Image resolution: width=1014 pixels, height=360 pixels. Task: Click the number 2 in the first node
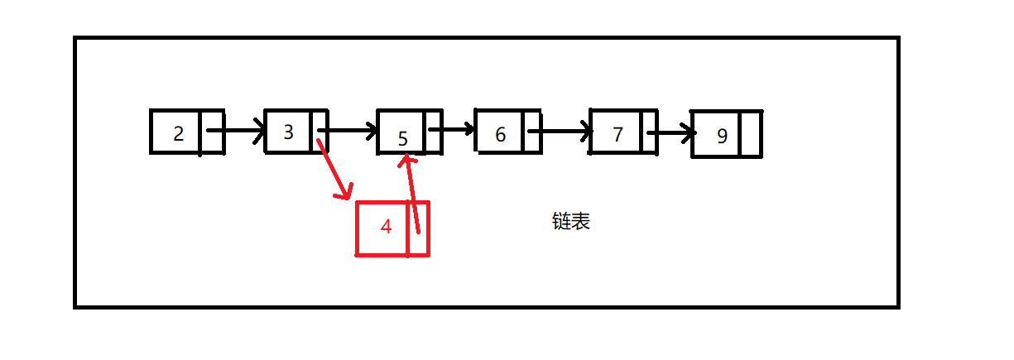pyautogui.click(x=179, y=133)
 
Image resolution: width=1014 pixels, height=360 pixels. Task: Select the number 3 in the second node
pyautogui.click(x=288, y=132)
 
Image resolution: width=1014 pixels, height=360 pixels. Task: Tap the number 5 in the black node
pyautogui.click(x=403, y=138)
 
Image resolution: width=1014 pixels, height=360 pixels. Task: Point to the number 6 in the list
pyautogui.click(x=500, y=134)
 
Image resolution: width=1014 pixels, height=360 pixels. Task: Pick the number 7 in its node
pyautogui.click(x=618, y=134)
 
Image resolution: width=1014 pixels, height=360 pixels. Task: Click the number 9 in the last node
pyautogui.click(x=722, y=136)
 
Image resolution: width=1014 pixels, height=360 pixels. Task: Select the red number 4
pyautogui.click(x=386, y=227)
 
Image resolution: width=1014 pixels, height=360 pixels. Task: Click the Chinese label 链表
pyautogui.click(x=571, y=221)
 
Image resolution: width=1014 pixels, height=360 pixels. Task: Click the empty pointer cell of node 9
pyautogui.click(x=751, y=134)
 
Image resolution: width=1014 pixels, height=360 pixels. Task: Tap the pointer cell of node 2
pyautogui.click(x=212, y=132)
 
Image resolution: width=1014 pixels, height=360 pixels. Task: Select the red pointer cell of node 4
pyautogui.click(x=419, y=229)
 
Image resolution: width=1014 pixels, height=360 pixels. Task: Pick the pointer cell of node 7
pyautogui.click(x=650, y=132)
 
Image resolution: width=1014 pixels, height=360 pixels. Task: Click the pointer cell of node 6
pyautogui.click(x=533, y=131)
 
